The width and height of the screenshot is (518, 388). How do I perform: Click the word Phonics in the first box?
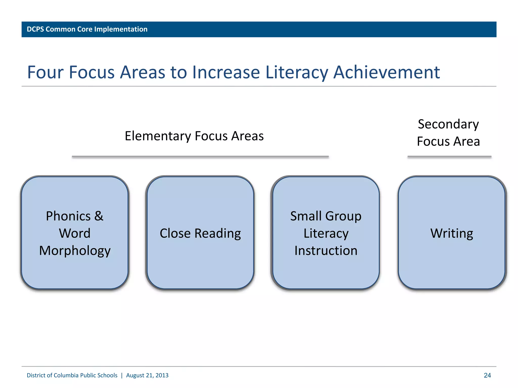[68, 216]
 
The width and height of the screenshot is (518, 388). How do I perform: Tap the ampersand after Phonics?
[99, 216]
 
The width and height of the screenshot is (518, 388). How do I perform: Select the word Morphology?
[75, 251]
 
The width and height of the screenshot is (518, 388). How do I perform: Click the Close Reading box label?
[200, 233]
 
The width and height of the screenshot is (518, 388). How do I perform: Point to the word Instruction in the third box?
[326, 251]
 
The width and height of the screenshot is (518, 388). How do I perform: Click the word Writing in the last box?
[452, 233]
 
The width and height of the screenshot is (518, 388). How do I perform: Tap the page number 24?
[487, 375]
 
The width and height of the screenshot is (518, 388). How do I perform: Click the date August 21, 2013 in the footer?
[147, 375]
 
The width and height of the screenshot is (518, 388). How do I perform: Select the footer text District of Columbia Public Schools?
[72, 375]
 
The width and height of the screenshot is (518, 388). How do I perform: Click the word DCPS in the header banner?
[35, 29]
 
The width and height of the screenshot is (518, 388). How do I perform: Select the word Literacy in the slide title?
[297, 72]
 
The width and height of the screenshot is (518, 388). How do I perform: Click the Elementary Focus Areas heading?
[194, 136]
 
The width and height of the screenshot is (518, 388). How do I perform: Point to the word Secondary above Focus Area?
[448, 124]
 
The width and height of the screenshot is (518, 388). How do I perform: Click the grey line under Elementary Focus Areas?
[200, 157]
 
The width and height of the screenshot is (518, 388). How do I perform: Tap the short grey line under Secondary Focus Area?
[449, 157]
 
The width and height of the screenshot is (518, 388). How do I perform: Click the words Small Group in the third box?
[326, 216]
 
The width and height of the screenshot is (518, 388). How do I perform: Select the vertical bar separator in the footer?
[122, 375]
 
